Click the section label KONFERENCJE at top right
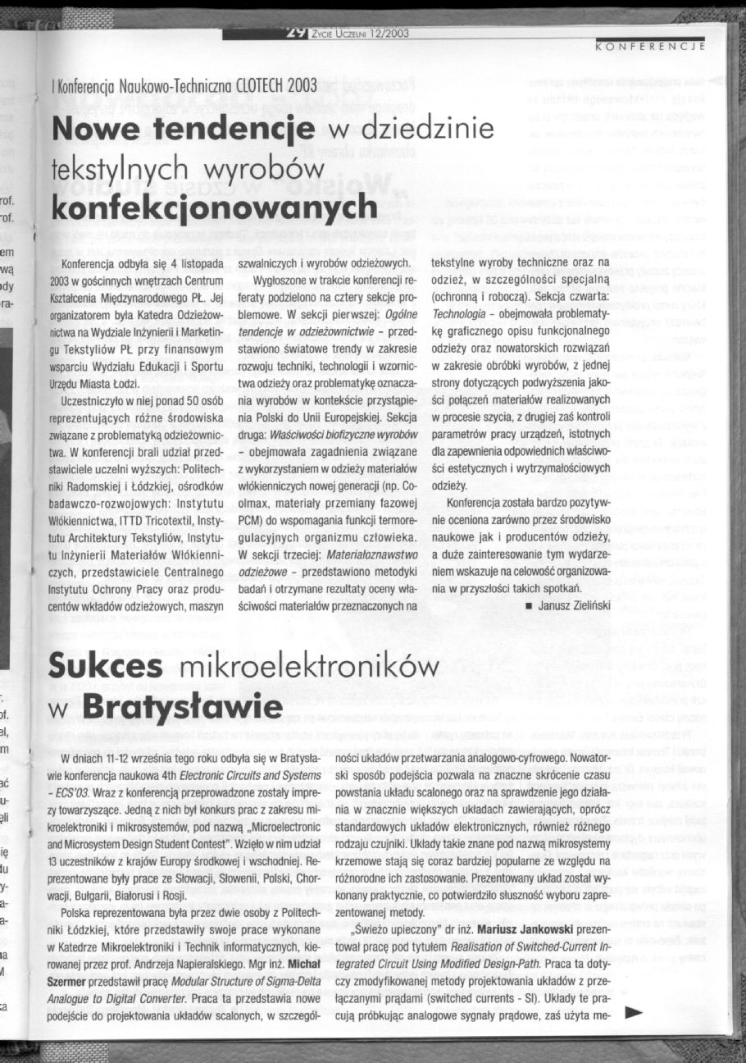651,47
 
